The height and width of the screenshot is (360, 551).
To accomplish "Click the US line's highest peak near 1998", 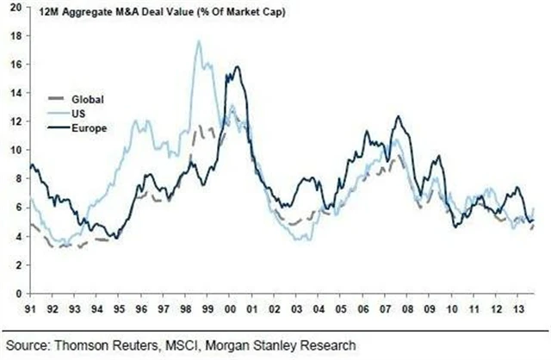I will [199, 40].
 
